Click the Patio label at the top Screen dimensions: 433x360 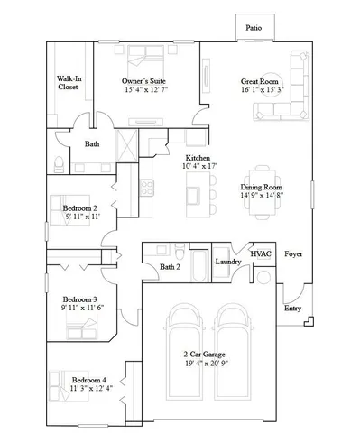(x=254, y=28)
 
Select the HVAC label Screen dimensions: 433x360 (x=261, y=255)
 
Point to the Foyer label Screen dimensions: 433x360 (x=293, y=254)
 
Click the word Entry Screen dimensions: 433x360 (x=292, y=309)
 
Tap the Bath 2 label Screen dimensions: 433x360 (x=170, y=267)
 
